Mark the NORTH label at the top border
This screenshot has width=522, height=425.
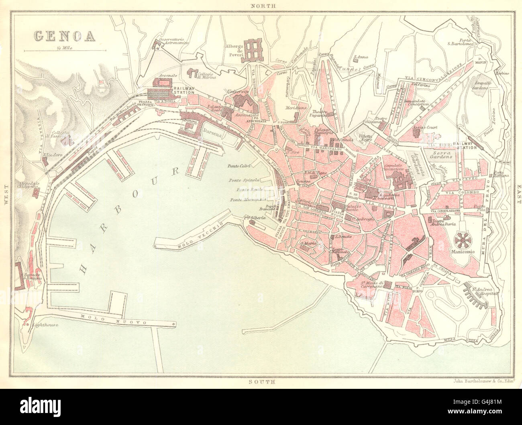pos(263,6)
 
